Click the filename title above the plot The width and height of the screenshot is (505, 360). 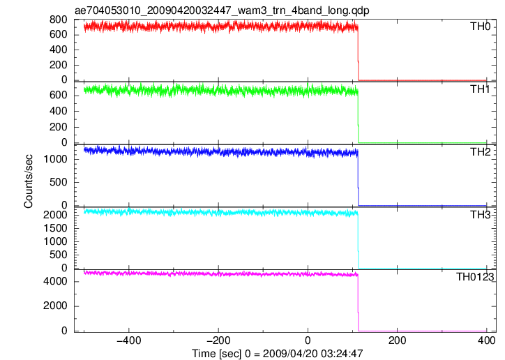click(222, 10)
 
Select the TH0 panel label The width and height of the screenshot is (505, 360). click(480, 27)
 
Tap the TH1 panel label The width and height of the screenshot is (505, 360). click(480, 89)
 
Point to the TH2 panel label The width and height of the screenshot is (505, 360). click(480, 151)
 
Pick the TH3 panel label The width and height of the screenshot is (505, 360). click(480, 214)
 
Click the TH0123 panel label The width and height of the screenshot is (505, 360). click(475, 276)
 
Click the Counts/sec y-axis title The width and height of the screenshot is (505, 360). click(29, 181)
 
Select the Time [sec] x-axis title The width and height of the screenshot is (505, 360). click(278, 353)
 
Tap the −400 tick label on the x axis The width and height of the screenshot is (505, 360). click(128, 340)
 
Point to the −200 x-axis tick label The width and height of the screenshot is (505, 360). click(218, 340)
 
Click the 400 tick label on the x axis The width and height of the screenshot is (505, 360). click(486, 340)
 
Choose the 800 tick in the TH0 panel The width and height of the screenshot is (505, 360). click(59, 20)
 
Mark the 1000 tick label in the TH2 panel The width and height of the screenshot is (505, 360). click(55, 159)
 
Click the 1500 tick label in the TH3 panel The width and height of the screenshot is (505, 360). click(55, 228)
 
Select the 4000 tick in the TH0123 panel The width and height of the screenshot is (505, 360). click(55, 281)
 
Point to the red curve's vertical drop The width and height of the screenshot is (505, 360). click(358, 53)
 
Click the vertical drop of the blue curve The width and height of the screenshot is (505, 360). click(358, 178)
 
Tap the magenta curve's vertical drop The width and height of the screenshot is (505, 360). click(358, 303)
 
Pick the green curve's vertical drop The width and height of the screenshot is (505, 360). click(358, 117)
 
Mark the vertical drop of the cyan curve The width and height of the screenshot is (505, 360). click(358, 240)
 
